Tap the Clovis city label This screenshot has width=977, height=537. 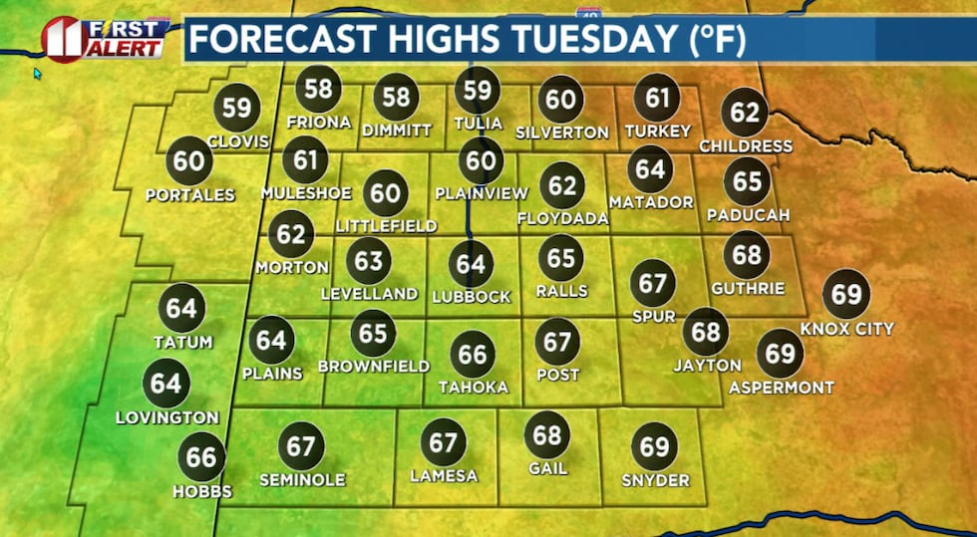[x=238, y=141]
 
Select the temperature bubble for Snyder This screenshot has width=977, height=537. [x=654, y=446]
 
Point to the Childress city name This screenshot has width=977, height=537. [x=746, y=146]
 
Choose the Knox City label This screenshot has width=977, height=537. [x=846, y=329]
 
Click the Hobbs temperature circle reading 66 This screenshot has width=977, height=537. [x=201, y=457]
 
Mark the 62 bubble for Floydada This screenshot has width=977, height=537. [x=562, y=184]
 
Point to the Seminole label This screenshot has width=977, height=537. [x=301, y=480]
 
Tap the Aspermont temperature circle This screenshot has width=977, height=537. [x=781, y=353]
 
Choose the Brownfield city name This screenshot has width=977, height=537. [x=373, y=367]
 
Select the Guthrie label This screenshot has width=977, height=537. [x=748, y=289]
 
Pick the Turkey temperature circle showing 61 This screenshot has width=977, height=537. [x=657, y=98]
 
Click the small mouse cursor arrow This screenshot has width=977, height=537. [x=38, y=73]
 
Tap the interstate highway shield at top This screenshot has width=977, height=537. [x=588, y=9]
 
